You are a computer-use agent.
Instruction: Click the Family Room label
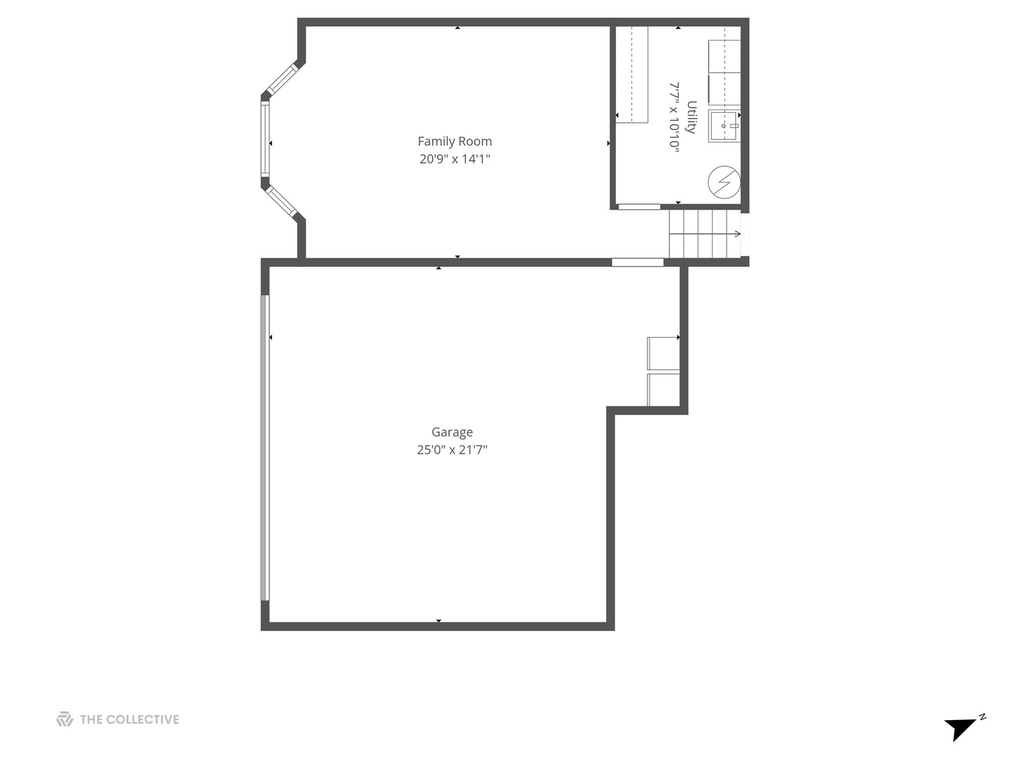(454, 141)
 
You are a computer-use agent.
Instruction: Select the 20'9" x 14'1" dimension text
(454, 159)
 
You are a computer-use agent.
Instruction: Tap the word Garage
(452, 432)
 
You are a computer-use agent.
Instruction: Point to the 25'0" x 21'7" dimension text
(452, 450)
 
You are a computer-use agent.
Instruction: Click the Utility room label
(692, 117)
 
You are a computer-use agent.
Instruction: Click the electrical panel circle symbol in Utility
(724, 182)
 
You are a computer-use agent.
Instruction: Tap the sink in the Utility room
(724, 126)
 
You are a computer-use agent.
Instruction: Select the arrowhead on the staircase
(736, 234)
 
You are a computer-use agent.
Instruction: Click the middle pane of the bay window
(265, 139)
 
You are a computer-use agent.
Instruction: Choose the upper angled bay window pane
(283, 79)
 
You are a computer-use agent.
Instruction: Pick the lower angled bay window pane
(283, 201)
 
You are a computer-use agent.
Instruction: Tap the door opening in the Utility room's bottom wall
(639, 207)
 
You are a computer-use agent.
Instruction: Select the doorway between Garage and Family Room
(637, 262)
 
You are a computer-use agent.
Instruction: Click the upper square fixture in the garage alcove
(663, 353)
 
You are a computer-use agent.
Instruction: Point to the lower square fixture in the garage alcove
(663, 390)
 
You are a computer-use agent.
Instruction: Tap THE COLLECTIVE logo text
(129, 719)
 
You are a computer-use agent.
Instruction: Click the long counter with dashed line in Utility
(631, 74)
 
